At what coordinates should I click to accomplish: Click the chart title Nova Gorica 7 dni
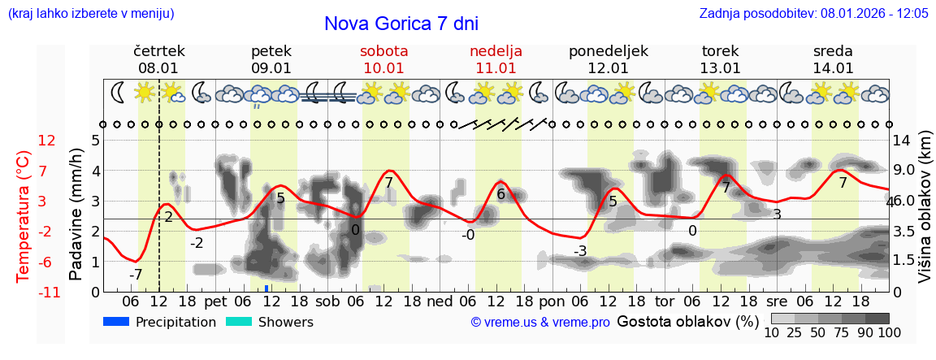coord(401,24)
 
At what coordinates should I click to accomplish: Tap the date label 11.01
coord(496,68)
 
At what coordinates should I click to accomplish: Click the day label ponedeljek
coord(608,51)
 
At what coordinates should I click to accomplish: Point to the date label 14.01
coord(833,68)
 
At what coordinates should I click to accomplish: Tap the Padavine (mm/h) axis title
coord(76,215)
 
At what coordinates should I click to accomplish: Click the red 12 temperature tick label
coord(47,141)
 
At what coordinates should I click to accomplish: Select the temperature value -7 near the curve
coord(136,275)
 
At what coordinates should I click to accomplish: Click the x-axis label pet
coord(215,301)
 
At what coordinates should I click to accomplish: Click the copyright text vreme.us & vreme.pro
coord(540,323)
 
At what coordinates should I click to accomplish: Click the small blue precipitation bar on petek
coord(266,288)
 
